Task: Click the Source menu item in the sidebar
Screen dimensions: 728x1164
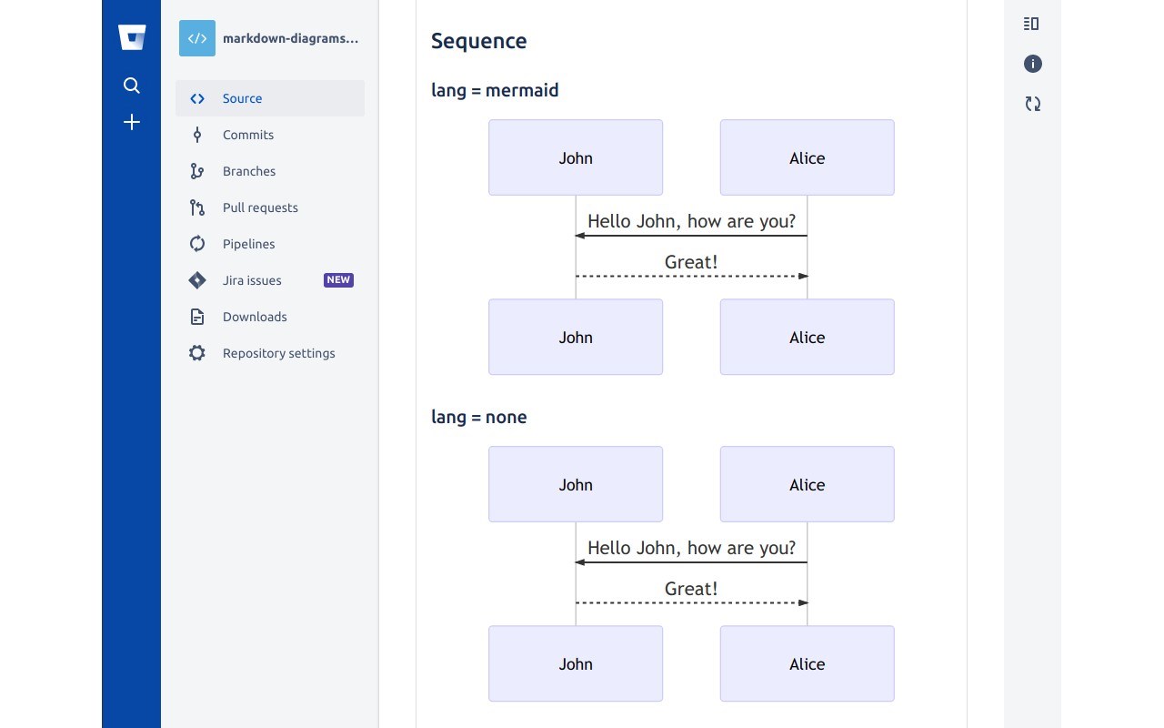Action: point(242,98)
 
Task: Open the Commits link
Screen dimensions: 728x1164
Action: point(247,135)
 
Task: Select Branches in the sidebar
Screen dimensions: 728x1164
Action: point(248,171)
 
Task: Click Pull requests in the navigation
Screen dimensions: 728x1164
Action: point(260,207)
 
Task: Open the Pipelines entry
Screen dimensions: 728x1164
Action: point(248,244)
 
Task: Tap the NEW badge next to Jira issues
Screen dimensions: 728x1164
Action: point(338,280)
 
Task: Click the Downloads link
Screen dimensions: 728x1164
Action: point(255,317)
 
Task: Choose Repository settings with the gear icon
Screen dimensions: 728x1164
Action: point(278,353)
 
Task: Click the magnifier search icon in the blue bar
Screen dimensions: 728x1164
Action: point(132,86)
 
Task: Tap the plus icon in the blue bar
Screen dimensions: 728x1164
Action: point(132,122)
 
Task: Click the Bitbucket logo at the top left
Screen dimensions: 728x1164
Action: point(132,37)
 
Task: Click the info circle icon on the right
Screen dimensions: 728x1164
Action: point(1032,64)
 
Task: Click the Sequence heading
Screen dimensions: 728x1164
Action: point(478,41)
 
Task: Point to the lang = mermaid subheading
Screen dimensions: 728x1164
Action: point(495,90)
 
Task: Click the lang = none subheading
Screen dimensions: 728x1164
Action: point(478,417)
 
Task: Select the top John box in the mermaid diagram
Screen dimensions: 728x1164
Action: point(576,157)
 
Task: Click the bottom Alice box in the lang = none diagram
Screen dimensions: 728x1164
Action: point(807,663)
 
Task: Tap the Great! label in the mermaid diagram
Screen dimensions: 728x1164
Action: point(691,262)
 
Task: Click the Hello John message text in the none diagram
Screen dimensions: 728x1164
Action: point(691,548)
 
